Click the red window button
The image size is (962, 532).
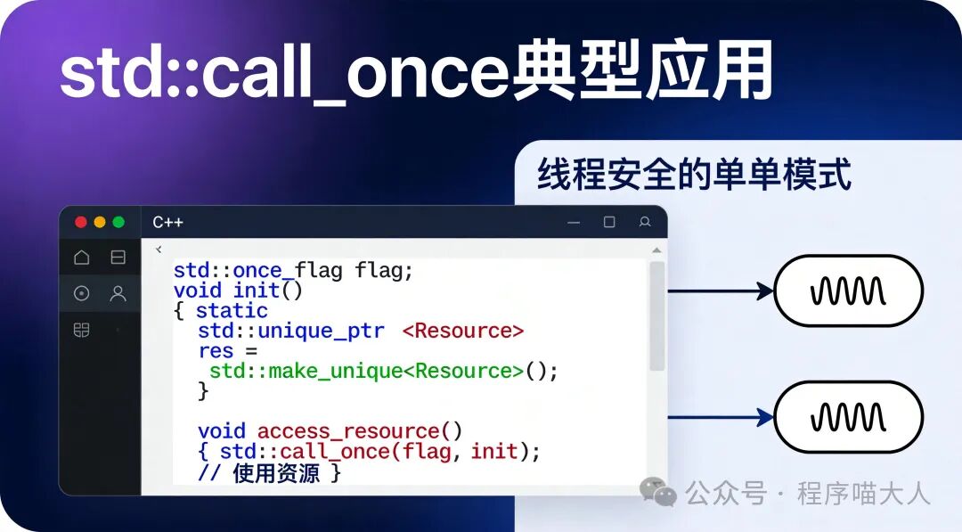[x=81, y=222]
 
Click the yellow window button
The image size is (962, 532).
[x=100, y=222]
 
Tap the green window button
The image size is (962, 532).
[x=118, y=222]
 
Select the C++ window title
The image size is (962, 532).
[x=167, y=222]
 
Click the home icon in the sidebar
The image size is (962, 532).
[x=82, y=258]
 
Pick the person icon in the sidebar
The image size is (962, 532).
[x=118, y=293]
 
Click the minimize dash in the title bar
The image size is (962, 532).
[x=575, y=222]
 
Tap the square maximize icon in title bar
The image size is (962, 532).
[x=609, y=222]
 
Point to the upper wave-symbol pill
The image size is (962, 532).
[x=847, y=291]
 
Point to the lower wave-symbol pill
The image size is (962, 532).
[x=847, y=417]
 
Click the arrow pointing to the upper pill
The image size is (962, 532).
[x=721, y=291]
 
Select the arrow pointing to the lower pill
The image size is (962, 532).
[x=721, y=417]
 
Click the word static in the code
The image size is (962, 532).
[x=232, y=310]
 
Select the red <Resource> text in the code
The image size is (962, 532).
[x=462, y=331]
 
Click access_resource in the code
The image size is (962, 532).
[x=360, y=432]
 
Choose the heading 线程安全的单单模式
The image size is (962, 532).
[x=694, y=176]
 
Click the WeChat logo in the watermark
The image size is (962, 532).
[x=659, y=492]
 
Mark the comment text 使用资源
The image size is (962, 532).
[x=276, y=473]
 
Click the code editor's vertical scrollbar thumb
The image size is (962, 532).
[x=657, y=316]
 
